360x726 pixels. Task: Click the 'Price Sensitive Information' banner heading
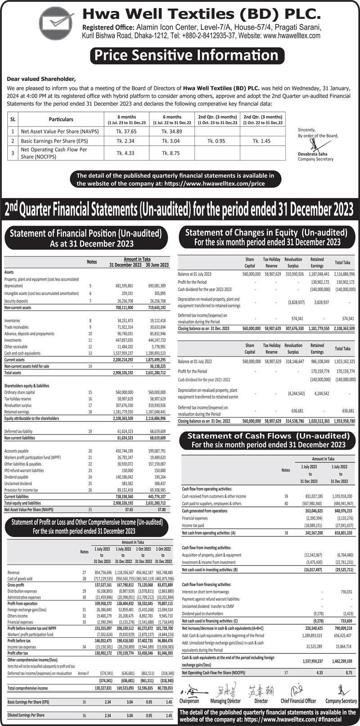(185, 56)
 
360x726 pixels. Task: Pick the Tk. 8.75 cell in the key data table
(171, 153)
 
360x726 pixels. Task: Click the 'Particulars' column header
(61, 120)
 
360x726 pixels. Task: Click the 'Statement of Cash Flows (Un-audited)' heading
(268, 436)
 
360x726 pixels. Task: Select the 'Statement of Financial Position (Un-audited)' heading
(85, 233)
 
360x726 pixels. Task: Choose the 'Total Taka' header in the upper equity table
(342, 262)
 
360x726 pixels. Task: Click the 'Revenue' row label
(13, 573)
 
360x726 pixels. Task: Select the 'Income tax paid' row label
(193, 525)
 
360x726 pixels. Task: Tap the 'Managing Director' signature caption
(225, 701)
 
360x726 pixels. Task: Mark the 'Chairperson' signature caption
(189, 701)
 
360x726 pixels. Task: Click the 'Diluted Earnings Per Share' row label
(26, 715)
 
